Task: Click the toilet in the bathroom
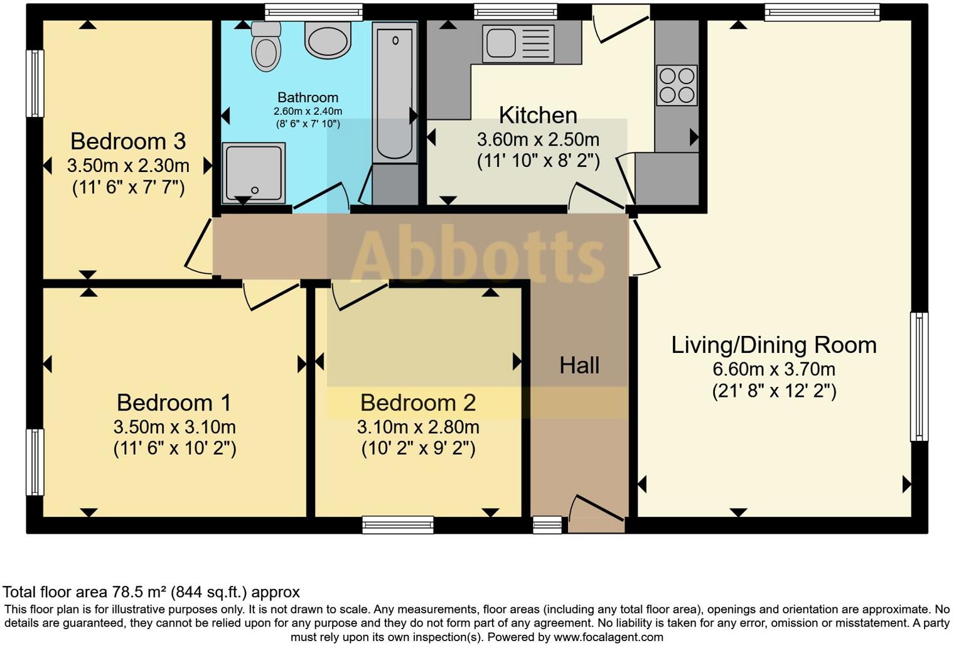click(x=265, y=48)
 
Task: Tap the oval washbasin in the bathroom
click(x=327, y=40)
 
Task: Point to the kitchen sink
click(x=518, y=43)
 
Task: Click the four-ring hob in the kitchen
click(x=677, y=85)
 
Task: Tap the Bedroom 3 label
click(x=128, y=141)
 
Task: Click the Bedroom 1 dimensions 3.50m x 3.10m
click(x=174, y=427)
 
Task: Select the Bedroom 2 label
click(x=418, y=402)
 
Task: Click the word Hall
click(x=579, y=365)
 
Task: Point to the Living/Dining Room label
click(x=774, y=345)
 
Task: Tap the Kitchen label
click(x=538, y=116)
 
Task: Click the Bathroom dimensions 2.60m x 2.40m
click(x=308, y=111)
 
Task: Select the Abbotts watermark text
click(x=477, y=256)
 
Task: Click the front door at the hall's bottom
click(x=597, y=514)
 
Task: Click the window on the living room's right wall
click(x=918, y=377)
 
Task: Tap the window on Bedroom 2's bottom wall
click(x=398, y=524)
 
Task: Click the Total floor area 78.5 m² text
click(x=151, y=592)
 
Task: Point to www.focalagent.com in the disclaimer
click(x=607, y=637)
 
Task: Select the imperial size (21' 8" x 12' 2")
click(x=774, y=391)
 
